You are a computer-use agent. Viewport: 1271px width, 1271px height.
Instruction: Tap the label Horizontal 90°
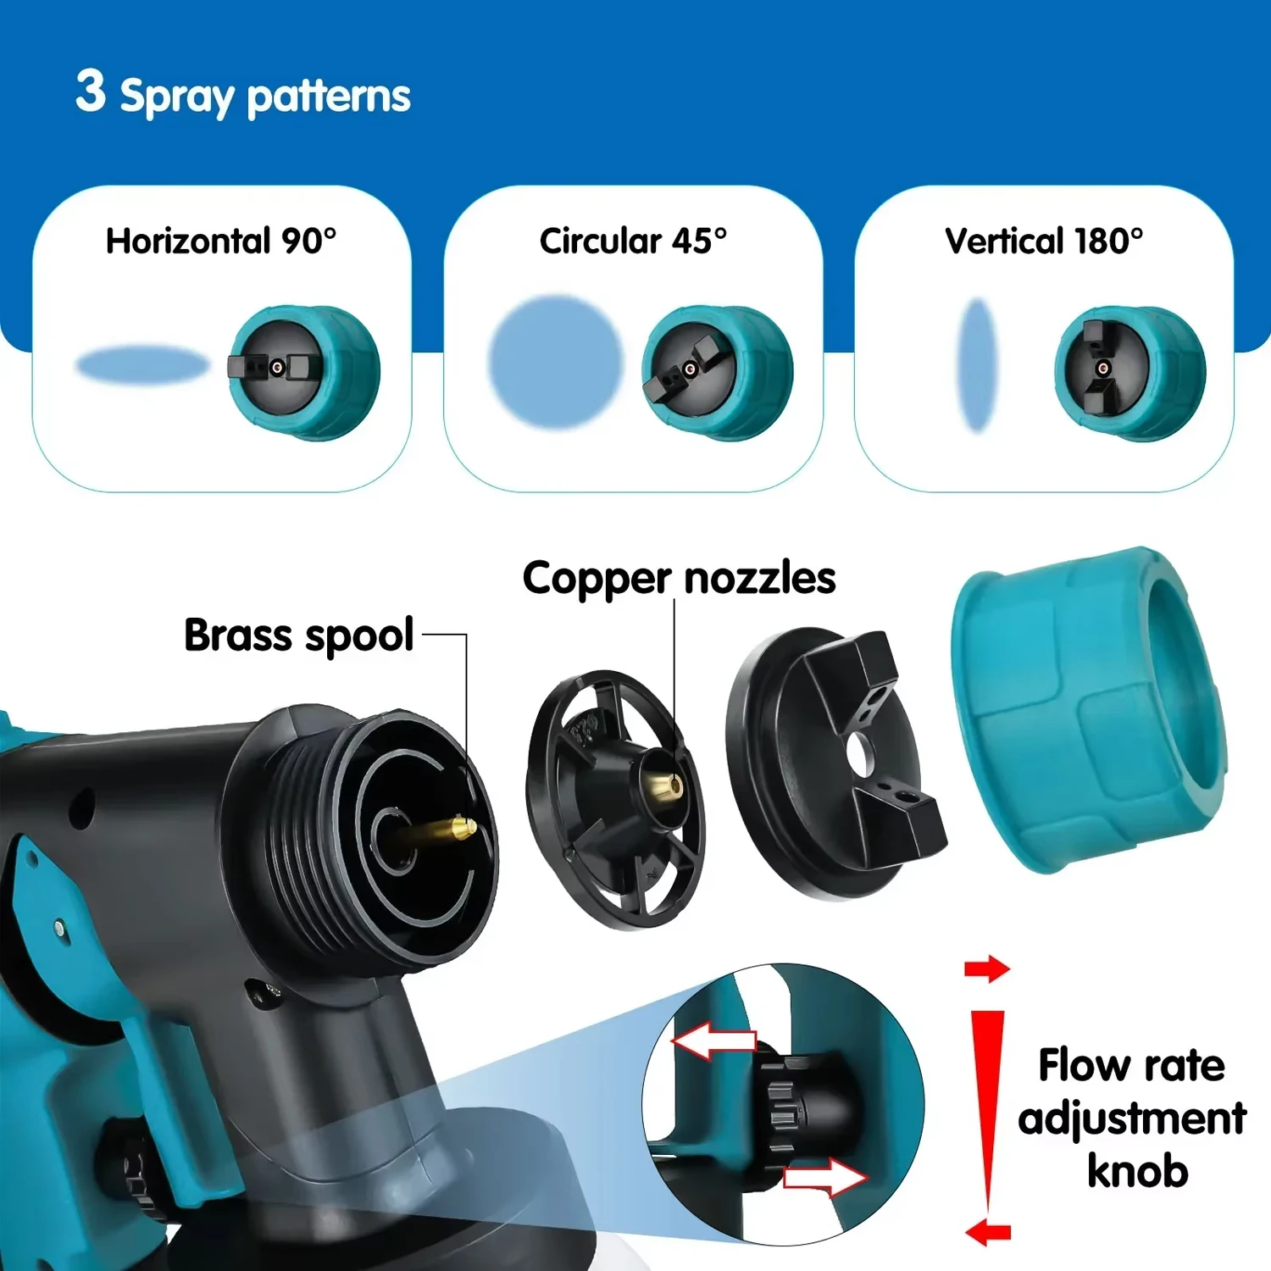[220, 241]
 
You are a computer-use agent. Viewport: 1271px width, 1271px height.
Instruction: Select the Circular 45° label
[633, 241]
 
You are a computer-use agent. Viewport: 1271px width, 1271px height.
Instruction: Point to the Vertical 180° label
[1044, 241]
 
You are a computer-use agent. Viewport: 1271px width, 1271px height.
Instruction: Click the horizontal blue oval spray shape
[142, 365]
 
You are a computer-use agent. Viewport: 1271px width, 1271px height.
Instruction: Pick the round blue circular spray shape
[556, 361]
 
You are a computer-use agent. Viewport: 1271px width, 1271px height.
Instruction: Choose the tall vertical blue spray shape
[978, 365]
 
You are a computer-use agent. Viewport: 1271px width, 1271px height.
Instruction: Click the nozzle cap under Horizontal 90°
[303, 372]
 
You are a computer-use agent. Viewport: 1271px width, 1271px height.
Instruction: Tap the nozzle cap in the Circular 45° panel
[717, 372]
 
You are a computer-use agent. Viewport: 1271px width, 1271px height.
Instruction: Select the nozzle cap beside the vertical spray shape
[1129, 373]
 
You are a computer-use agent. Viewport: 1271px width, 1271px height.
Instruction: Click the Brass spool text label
[298, 635]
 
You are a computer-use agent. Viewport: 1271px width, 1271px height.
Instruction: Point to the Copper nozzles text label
[679, 579]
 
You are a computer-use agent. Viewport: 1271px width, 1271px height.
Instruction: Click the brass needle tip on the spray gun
[462, 826]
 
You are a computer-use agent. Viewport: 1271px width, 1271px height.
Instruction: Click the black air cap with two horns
[835, 763]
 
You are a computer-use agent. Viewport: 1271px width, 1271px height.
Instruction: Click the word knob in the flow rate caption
[1137, 1172]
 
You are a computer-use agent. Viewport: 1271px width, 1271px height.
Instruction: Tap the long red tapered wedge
[986, 1102]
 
